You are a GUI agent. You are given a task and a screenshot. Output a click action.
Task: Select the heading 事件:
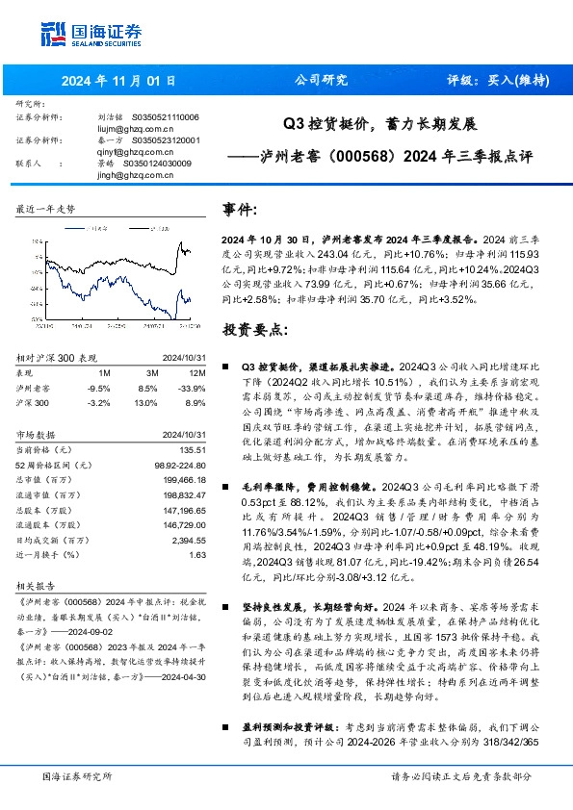240,210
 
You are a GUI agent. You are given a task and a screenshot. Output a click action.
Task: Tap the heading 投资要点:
255,330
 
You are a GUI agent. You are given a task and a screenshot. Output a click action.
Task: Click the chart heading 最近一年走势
46,208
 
